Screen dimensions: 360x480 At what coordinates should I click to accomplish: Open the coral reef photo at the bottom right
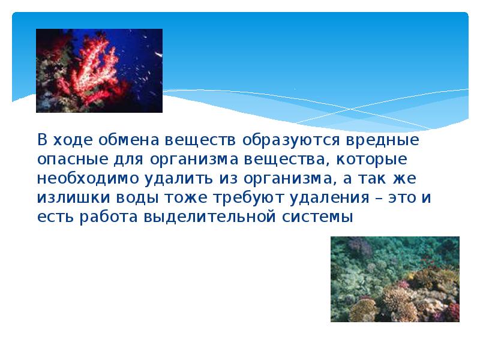click(x=395, y=278)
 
